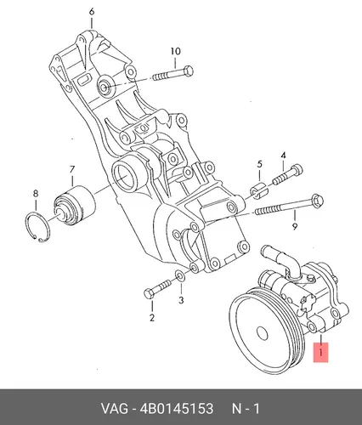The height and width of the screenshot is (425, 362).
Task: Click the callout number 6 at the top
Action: [92, 12]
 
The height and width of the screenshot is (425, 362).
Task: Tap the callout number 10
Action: [175, 51]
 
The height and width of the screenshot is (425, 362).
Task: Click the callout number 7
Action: [72, 169]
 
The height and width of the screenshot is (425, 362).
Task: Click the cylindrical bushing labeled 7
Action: [75, 205]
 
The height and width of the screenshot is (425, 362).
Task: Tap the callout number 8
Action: [36, 194]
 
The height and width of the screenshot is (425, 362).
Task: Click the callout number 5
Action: [259, 164]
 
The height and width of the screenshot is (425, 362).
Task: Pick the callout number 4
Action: [283, 156]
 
